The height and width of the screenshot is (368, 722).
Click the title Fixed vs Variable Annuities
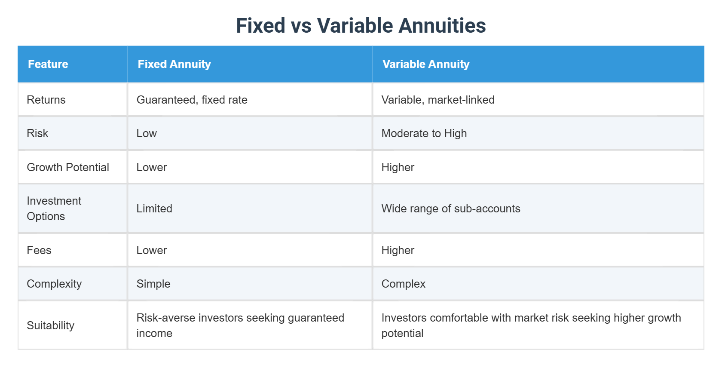point(361,25)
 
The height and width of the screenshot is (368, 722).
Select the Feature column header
point(48,64)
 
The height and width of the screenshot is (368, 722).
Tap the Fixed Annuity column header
point(174,64)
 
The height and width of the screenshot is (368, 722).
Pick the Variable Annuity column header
point(425,64)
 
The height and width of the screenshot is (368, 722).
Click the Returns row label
point(46,100)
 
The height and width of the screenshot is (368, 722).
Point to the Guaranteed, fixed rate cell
point(192,100)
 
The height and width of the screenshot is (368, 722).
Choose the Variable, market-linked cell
point(437,100)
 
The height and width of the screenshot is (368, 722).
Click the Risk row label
point(37,133)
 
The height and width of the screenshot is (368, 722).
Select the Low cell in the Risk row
point(147,133)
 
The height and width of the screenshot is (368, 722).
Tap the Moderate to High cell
point(424,133)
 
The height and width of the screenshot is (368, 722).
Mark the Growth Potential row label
point(68,167)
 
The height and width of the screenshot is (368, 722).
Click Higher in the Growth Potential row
point(398,167)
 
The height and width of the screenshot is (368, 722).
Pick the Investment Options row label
point(54,209)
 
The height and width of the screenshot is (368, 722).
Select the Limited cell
point(154,209)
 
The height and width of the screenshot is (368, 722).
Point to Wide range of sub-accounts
point(450,209)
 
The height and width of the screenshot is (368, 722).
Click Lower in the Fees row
point(151,250)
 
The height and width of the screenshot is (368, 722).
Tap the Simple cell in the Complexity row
point(153,284)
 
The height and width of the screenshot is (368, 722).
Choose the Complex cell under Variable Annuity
point(403,284)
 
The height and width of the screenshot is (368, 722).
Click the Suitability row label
point(50,325)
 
